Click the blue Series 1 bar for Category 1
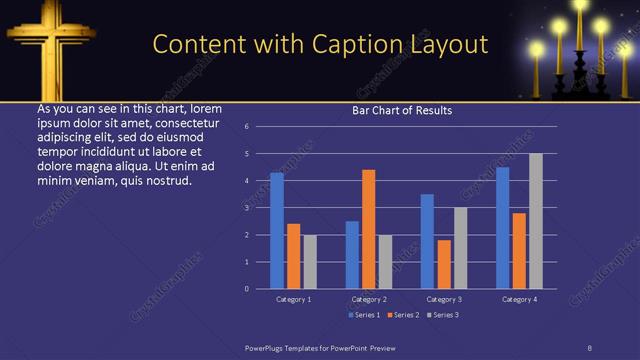coord(277,230)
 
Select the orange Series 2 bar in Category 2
coord(368,229)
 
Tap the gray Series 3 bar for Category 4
coord(535,221)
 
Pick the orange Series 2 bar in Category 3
coord(443,264)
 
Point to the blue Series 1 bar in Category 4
coord(502,227)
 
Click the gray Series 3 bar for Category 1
coord(310,261)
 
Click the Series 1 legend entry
coord(363,315)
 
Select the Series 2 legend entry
coord(402,315)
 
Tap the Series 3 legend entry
coord(442,315)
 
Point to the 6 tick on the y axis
coord(246,127)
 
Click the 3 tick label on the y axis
coord(246,208)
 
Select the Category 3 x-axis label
coord(444,299)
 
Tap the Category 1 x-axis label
coord(293,299)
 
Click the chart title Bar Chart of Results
coord(402,110)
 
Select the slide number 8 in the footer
coord(589,346)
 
